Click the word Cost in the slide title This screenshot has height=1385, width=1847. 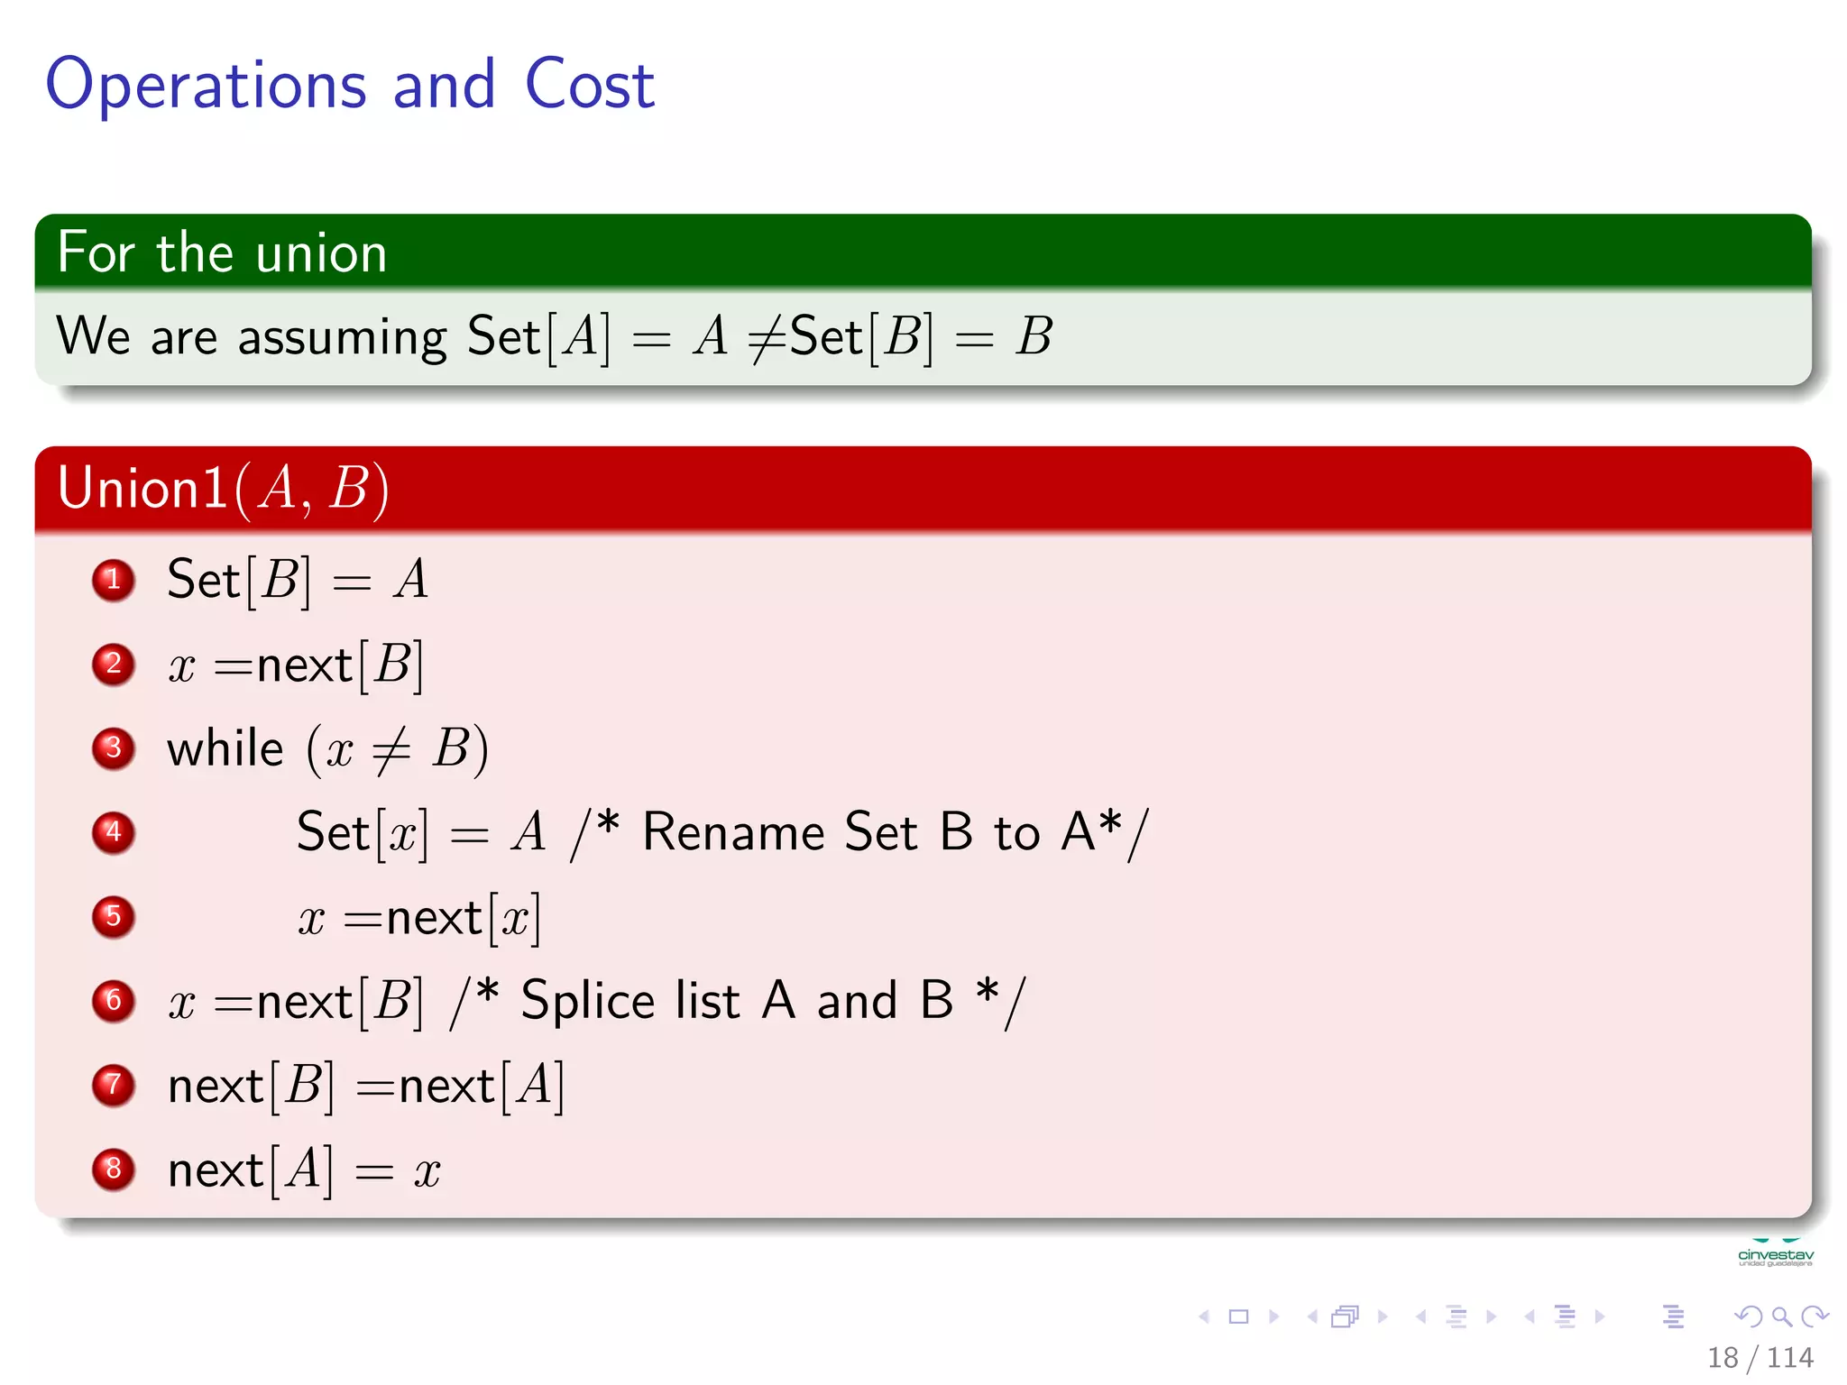[589, 85]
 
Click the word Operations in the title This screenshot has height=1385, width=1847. [206, 87]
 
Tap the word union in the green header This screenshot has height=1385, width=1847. [321, 253]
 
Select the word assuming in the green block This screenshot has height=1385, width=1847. [342, 339]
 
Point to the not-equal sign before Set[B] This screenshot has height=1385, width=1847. [767, 339]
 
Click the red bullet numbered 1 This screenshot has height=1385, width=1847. [114, 580]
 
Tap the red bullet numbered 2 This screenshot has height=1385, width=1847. [114, 665]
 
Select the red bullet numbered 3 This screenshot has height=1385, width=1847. [114, 748]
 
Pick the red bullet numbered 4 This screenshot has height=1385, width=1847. [114, 832]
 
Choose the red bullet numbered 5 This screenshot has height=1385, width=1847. [114, 917]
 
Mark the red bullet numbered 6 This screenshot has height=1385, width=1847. [114, 1001]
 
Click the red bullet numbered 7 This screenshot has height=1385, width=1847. [114, 1085]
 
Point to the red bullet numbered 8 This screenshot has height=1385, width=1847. [114, 1169]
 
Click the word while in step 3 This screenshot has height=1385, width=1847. [225, 748]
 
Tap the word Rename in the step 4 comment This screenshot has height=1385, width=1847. [732, 832]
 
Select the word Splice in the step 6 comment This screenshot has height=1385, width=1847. [587, 1001]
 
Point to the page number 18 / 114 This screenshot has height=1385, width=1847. [1760, 1357]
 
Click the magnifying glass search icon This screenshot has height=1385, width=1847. [1781, 1316]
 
